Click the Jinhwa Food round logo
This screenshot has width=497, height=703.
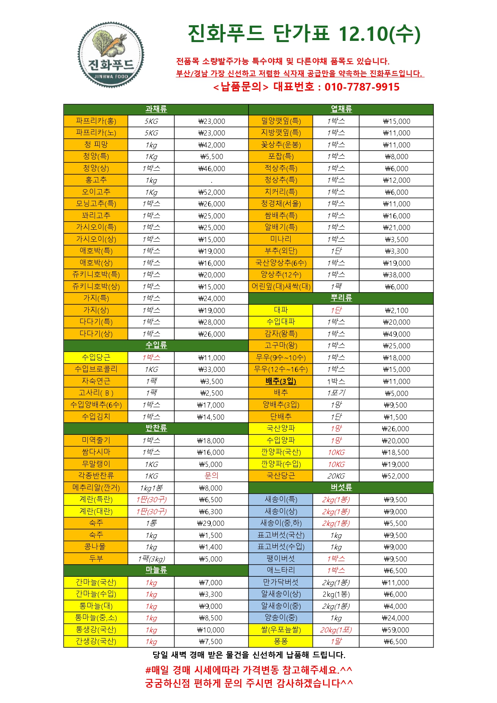click(x=111, y=55)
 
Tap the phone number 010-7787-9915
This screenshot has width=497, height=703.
click(x=362, y=87)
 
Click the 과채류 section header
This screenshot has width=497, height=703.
click(x=156, y=109)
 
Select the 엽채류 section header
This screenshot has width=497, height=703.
click(x=341, y=109)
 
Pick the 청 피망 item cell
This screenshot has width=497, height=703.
click(x=96, y=145)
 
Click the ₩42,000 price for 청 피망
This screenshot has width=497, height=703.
click(x=212, y=145)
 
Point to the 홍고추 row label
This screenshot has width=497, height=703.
click(x=96, y=180)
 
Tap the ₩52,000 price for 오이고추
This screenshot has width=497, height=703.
click(x=212, y=192)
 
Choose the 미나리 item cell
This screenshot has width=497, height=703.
click(x=281, y=239)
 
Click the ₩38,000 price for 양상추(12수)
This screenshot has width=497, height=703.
click(x=396, y=275)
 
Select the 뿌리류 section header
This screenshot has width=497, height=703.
click(x=341, y=298)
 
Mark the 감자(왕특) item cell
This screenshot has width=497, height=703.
click(x=281, y=334)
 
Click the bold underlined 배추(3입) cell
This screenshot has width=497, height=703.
click(x=281, y=381)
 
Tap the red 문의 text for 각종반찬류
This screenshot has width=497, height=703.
click(x=211, y=476)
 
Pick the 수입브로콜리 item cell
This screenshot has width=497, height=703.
click(x=96, y=369)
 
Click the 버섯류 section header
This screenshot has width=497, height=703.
click(x=341, y=487)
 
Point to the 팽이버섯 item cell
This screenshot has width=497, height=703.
click(x=281, y=559)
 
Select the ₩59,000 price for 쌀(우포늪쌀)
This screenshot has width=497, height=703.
click(x=396, y=630)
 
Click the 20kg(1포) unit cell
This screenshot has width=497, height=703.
click(x=336, y=630)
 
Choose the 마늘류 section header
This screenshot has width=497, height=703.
click(x=156, y=570)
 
